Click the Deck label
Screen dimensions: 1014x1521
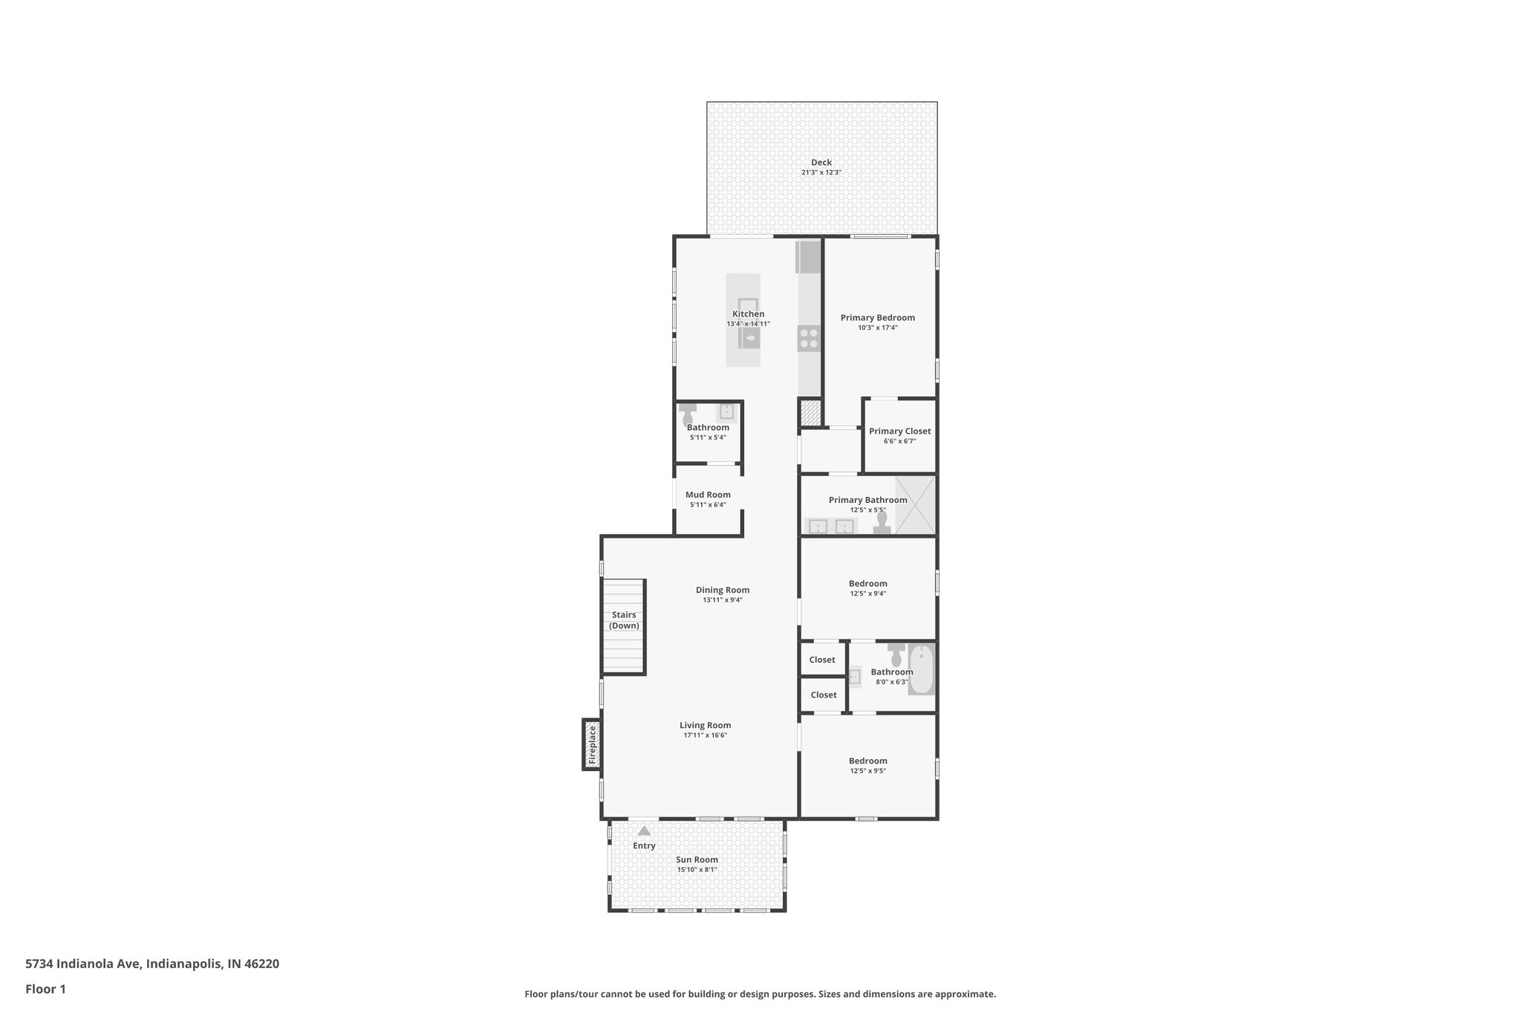(821, 163)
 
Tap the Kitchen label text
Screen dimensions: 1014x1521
(748, 314)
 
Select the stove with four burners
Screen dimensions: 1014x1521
(809, 339)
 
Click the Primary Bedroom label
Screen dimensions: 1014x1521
(877, 318)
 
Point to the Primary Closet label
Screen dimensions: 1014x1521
(899, 432)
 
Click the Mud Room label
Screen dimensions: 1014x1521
(708, 495)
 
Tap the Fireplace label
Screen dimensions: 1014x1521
(592, 745)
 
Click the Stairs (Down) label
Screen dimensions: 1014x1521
(624, 620)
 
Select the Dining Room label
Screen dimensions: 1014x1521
(722, 591)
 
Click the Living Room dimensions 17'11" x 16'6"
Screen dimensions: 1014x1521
(705, 735)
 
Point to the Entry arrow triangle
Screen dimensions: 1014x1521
(644, 831)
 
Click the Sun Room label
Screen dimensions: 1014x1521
(697, 860)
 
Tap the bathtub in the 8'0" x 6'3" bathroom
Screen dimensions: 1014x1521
(921, 669)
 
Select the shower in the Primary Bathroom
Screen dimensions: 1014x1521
(915, 505)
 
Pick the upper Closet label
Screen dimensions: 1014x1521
(822, 660)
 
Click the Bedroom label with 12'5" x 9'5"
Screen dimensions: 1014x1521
(867, 761)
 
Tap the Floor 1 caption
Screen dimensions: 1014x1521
(46, 989)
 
